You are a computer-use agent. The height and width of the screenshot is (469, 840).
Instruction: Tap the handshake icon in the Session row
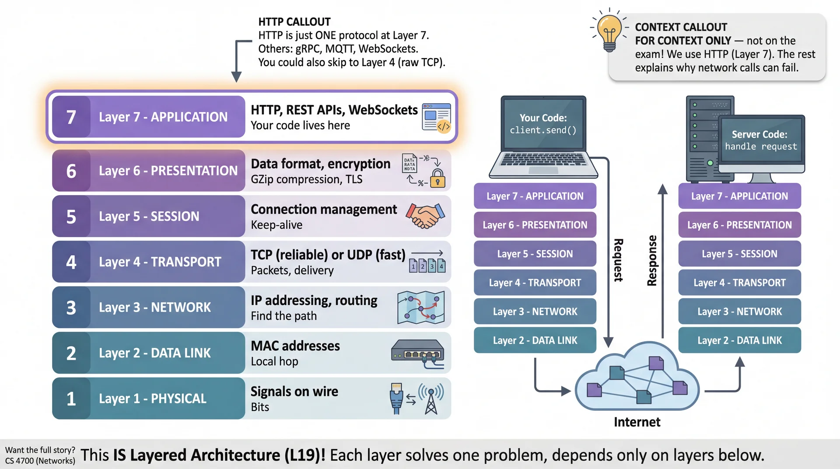[425, 216]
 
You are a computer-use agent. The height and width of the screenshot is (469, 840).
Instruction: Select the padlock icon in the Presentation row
[437, 179]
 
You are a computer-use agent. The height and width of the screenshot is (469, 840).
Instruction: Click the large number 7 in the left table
[71, 117]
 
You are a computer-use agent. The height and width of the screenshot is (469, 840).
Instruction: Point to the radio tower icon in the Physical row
[431, 399]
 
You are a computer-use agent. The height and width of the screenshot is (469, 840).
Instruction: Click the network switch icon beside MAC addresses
[418, 353]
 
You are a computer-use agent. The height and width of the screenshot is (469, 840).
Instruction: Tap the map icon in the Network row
[421, 308]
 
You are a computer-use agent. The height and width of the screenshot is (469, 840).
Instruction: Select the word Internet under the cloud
[637, 422]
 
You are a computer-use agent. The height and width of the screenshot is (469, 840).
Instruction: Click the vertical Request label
[618, 260]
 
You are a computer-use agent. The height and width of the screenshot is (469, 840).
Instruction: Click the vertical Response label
[652, 261]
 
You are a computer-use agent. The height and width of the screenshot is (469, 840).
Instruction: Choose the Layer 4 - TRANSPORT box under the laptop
[535, 283]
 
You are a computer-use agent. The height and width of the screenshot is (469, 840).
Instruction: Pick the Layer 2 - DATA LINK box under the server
[739, 340]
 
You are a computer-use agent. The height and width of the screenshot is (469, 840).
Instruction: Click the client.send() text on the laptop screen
[543, 130]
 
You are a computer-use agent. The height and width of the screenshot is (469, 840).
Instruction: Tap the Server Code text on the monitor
[759, 134]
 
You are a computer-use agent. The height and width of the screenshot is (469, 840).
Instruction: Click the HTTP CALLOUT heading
[294, 22]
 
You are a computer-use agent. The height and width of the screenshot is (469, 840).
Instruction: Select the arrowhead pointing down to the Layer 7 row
[236, 77]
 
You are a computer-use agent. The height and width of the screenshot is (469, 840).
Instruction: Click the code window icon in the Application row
[436, 117]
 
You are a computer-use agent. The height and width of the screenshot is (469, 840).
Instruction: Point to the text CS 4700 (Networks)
[40, 461]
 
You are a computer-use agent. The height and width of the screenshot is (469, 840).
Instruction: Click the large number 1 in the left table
[71, 399]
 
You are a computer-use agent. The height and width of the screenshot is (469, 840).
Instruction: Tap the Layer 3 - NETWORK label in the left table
[155, 308]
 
